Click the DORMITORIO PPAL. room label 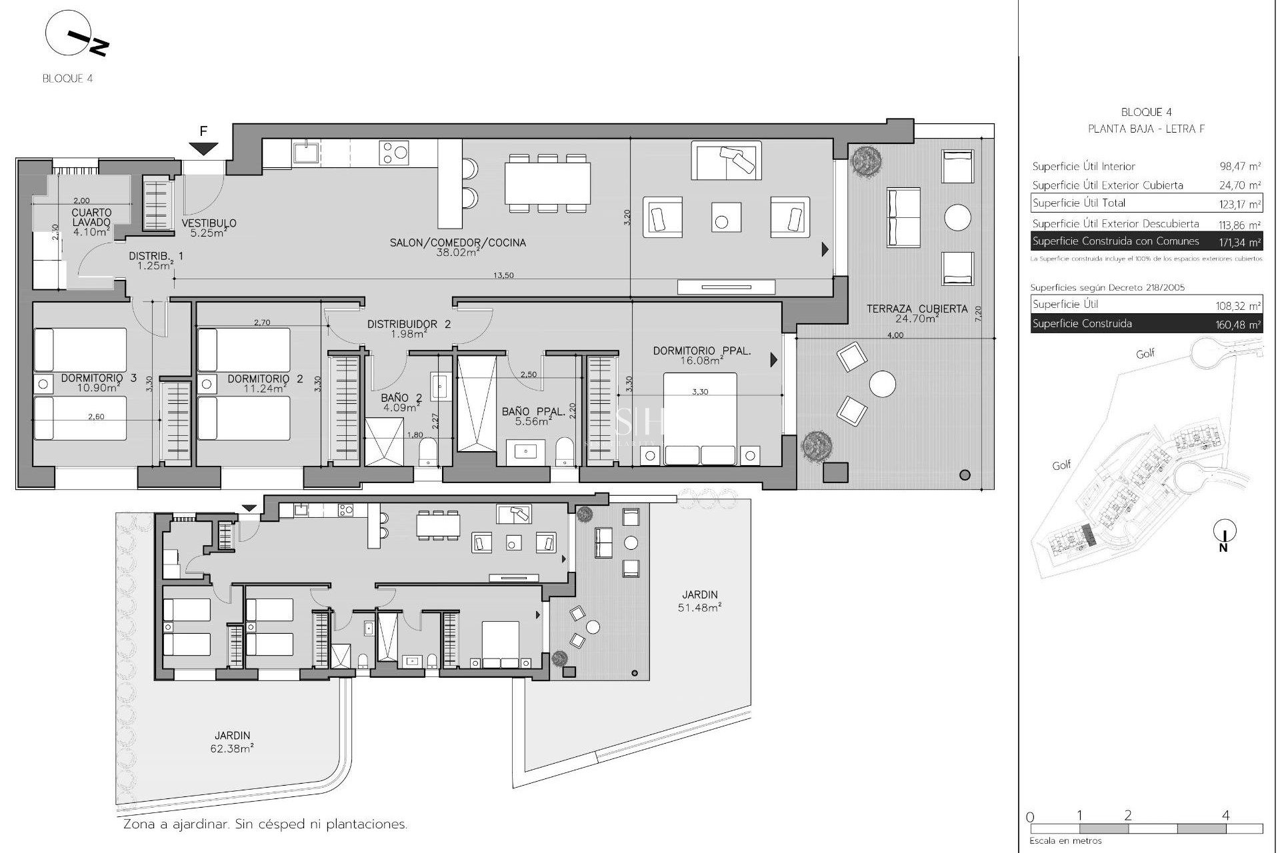[x=701, y=351]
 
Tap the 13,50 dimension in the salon [x=503, y=275]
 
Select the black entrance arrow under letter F [x=203, y=149]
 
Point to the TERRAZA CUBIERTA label [x=917, y=309]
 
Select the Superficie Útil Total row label [x=1079, y=203]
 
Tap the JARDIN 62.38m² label [x=233, y=736]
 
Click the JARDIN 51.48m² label [x=700, y=595]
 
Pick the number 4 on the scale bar [x=1225, y=815]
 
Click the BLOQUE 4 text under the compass [x=67, y=79]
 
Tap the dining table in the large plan [x=547, y=183]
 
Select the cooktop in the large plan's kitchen [x=393, y=152]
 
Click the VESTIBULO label [x=209, y=224]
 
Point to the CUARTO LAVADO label [x=92, y=218]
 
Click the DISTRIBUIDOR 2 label [x=409, y=325]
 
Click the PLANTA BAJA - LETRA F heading [x=1146, y=129]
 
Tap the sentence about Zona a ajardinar [x=265, y=824]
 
